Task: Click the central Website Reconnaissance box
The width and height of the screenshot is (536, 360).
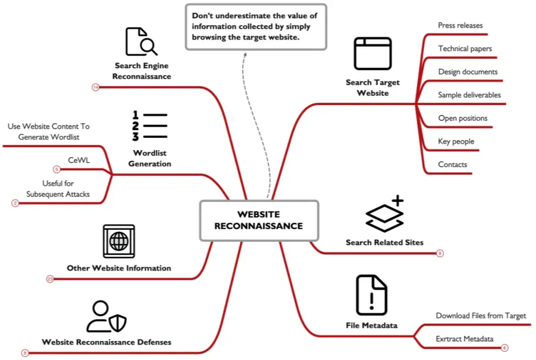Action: pyautogui.click(x=259, y=220)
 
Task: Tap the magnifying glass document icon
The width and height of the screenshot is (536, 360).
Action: pyautogui.click(x=141, y=41)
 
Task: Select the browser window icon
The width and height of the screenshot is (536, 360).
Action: pyautogui.click(x=373, y=54)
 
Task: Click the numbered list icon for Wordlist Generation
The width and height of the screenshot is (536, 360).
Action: pyautogui.click(x=150, y=126)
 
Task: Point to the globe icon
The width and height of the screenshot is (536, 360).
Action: pyautogui.click(x=119, y=241)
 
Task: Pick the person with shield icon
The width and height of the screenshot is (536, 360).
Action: pyautogui.click(x=106, y=316)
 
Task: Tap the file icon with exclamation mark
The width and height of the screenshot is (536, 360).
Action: pyautogui.click(x=372, y=295)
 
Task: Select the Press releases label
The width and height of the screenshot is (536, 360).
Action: pyautogui.click(x=460, y=25)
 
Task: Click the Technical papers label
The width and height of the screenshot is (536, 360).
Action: pyautogui.click(x=465, y=48)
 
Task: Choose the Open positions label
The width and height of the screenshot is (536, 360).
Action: pyautogui.click(x=462, y=118)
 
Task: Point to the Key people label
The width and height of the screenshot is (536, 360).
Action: pyautogui.click(x=456, y=141)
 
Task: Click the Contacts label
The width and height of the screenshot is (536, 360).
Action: pyautogui.click(x=452, y=164)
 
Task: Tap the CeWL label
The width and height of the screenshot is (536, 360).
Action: pyautogui.click(x=79, y=160)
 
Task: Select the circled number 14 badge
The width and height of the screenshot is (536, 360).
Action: pyautogui.click(x=95, y=87)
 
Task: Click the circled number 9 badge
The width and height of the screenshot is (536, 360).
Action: pyautogui.click(x=440, y=253)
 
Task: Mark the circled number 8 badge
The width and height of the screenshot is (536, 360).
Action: pyautogui.click(x=25, y=353)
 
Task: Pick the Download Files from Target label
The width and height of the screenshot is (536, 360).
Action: pyautogui.click(x=480, y=315)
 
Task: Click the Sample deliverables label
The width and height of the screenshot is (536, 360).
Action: pyautogui.click(x=469, y=95)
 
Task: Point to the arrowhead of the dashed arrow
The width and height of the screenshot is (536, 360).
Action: pyautogui.click(x=245, y=54)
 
